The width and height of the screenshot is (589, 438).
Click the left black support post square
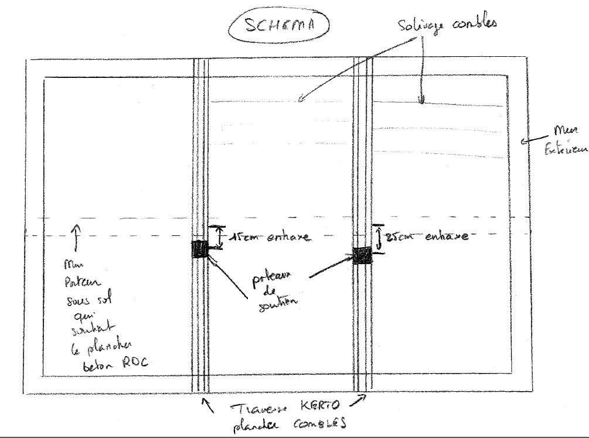click(200, 249)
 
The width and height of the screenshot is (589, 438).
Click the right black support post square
click(363, 255)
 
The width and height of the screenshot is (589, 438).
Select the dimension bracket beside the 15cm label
click(219, 236)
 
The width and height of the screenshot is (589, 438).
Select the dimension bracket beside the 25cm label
click(379, 238)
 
